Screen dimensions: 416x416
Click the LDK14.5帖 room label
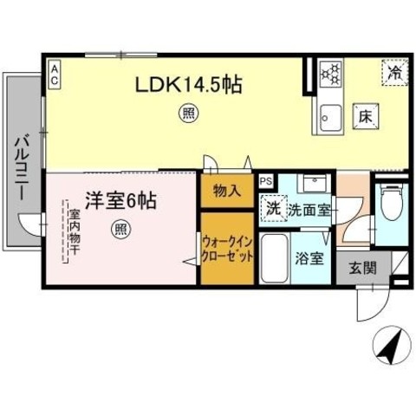click(x=186, y=85)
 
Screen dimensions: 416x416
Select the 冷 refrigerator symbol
click(x=394, y=73)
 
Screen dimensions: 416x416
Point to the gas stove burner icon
click(x=330, y=74)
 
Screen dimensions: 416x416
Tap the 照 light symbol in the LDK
click(x=186, y=112)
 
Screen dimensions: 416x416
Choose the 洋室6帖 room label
click(x=120, y=201)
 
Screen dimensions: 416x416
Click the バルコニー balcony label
click(x=23, y=164)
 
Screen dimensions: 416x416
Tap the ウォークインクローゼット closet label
click(x=228, y=251)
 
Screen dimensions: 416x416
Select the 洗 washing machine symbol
click(x=273, y=208)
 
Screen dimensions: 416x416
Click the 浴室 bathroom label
click(x=310, y=257)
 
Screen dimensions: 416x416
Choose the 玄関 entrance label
click(x=363, y=270)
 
